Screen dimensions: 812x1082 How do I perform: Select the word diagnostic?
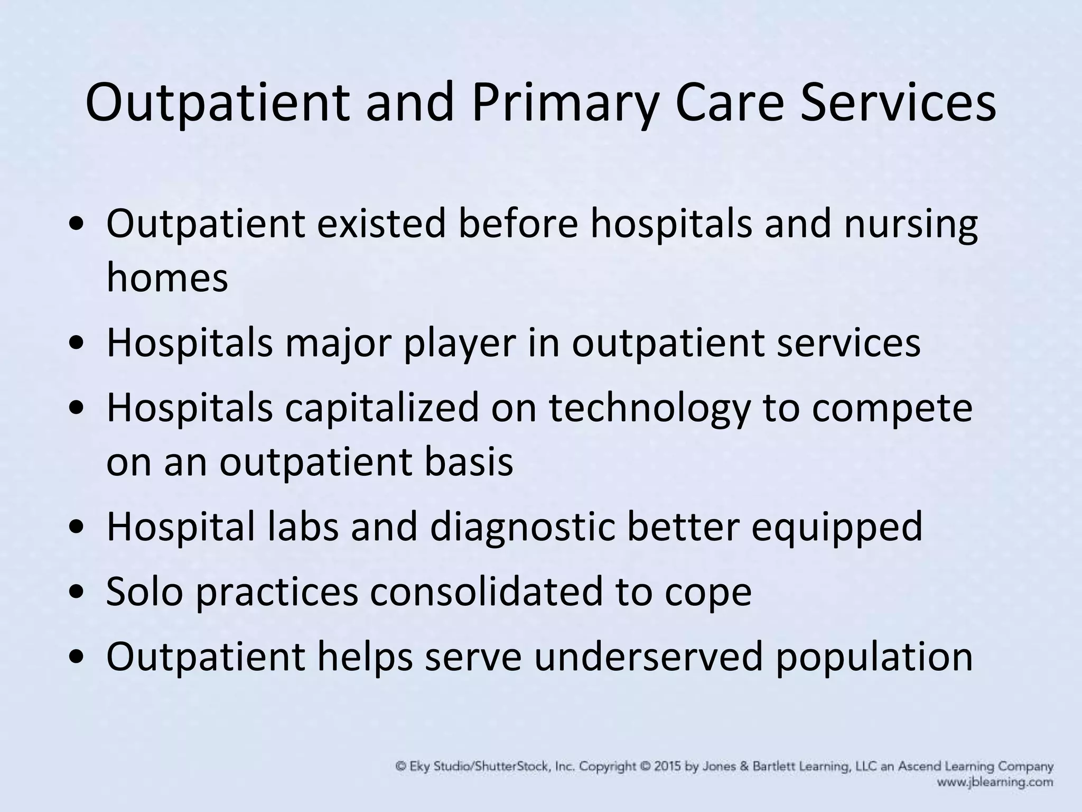[523, 527]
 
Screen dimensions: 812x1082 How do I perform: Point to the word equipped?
[837, 528]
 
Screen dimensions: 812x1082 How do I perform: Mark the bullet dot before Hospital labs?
[79, 528]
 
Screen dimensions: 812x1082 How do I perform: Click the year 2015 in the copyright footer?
[668, 767]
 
